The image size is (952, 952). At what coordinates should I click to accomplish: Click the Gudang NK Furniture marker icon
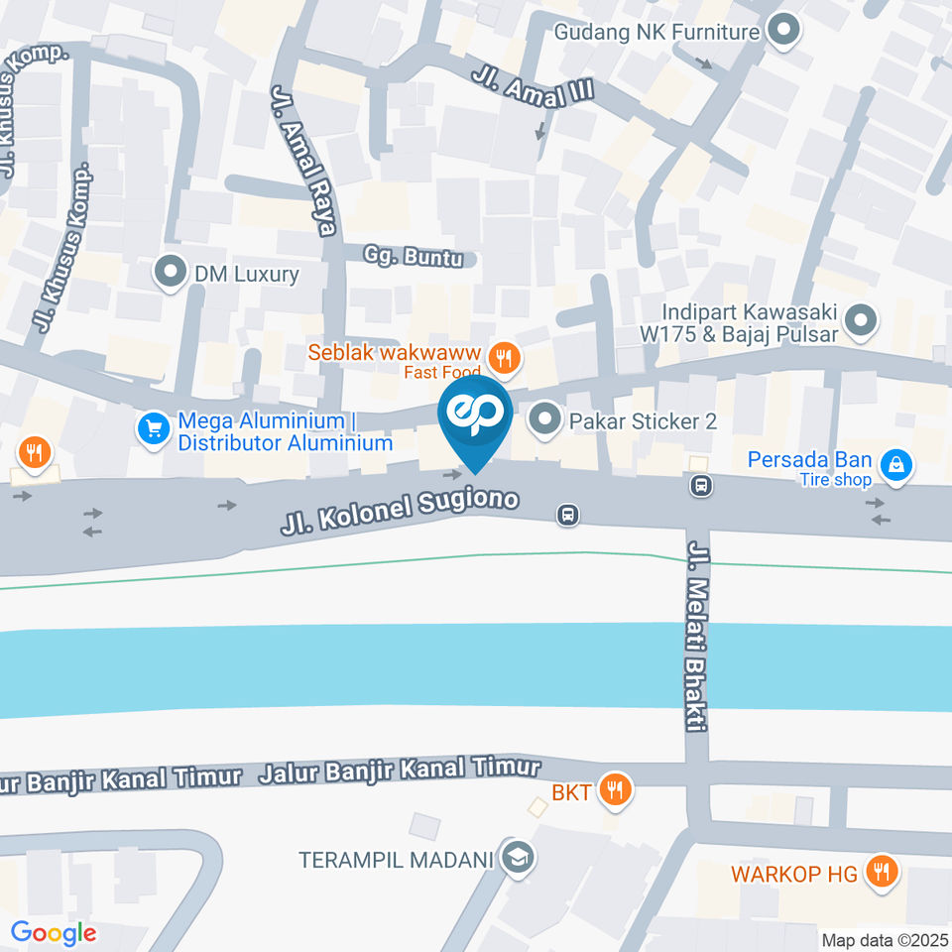click(x=782, y=32)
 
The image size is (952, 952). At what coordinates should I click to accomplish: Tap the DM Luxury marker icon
click(x=171, y=273)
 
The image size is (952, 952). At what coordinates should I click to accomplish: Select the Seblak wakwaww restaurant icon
click(x=505, y=359)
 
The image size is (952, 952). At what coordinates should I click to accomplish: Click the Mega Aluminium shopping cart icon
click(x=153, y=429)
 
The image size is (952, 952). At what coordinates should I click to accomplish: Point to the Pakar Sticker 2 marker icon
click(x=544, y=420)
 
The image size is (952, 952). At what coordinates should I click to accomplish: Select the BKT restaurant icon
click(x=616, y=790)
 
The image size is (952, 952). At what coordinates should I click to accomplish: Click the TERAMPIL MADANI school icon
click(x=515, y=858)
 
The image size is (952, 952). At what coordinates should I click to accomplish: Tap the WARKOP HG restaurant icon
click(x=879, y=872)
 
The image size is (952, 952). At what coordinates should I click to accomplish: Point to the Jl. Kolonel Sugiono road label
click(x=400, y=512)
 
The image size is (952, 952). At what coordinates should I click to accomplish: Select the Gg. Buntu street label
click(x=413, y=256)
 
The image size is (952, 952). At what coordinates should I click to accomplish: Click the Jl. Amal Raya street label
click(x=303, y=160)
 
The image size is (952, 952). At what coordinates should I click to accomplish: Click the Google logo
click(x=53, y=933)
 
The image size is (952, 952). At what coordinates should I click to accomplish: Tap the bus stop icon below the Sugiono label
click(x=567, y=514)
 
